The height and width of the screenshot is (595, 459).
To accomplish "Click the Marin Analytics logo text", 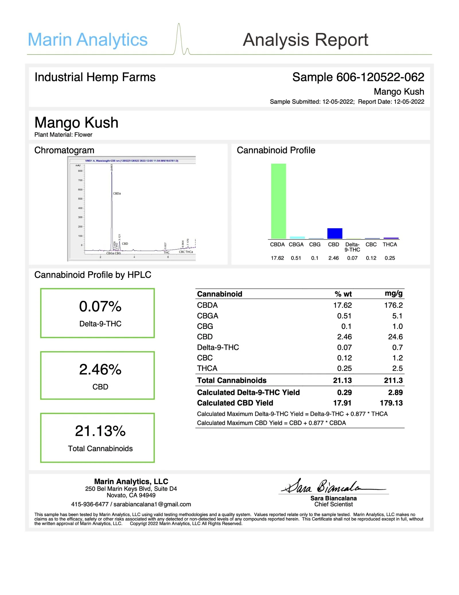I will [87, 40].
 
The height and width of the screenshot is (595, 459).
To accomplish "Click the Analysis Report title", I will [305, 40].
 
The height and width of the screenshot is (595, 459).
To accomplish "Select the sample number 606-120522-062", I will [380, 77].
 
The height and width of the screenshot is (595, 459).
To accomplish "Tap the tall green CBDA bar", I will [278, 201].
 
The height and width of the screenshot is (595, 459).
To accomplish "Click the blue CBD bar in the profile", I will [334, 233].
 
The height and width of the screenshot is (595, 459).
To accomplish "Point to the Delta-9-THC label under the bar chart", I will [352, 247].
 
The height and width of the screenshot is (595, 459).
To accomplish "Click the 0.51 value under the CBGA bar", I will [296, 258].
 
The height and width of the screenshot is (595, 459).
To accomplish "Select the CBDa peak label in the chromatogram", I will [117, 193].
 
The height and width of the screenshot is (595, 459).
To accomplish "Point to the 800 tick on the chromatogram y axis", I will [80, 171].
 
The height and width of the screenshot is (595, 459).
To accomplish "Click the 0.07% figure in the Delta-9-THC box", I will [100, 306].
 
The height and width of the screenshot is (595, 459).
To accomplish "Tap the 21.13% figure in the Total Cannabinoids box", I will [100, 431].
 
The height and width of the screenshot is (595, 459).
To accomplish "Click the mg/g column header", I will [393, 293].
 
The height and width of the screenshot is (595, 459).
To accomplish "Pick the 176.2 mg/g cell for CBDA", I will [393, 305].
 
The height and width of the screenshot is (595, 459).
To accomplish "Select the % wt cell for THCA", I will [344, 368].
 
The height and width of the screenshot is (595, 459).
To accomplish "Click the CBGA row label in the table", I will [207, 316].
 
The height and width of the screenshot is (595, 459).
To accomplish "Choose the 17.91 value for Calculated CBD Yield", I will [342, 403].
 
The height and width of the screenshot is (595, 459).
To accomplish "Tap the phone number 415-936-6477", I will [90, 504].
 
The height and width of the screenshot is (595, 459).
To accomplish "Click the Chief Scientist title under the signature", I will [333, 504].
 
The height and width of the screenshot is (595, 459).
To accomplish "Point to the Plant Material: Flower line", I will [63, 134].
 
